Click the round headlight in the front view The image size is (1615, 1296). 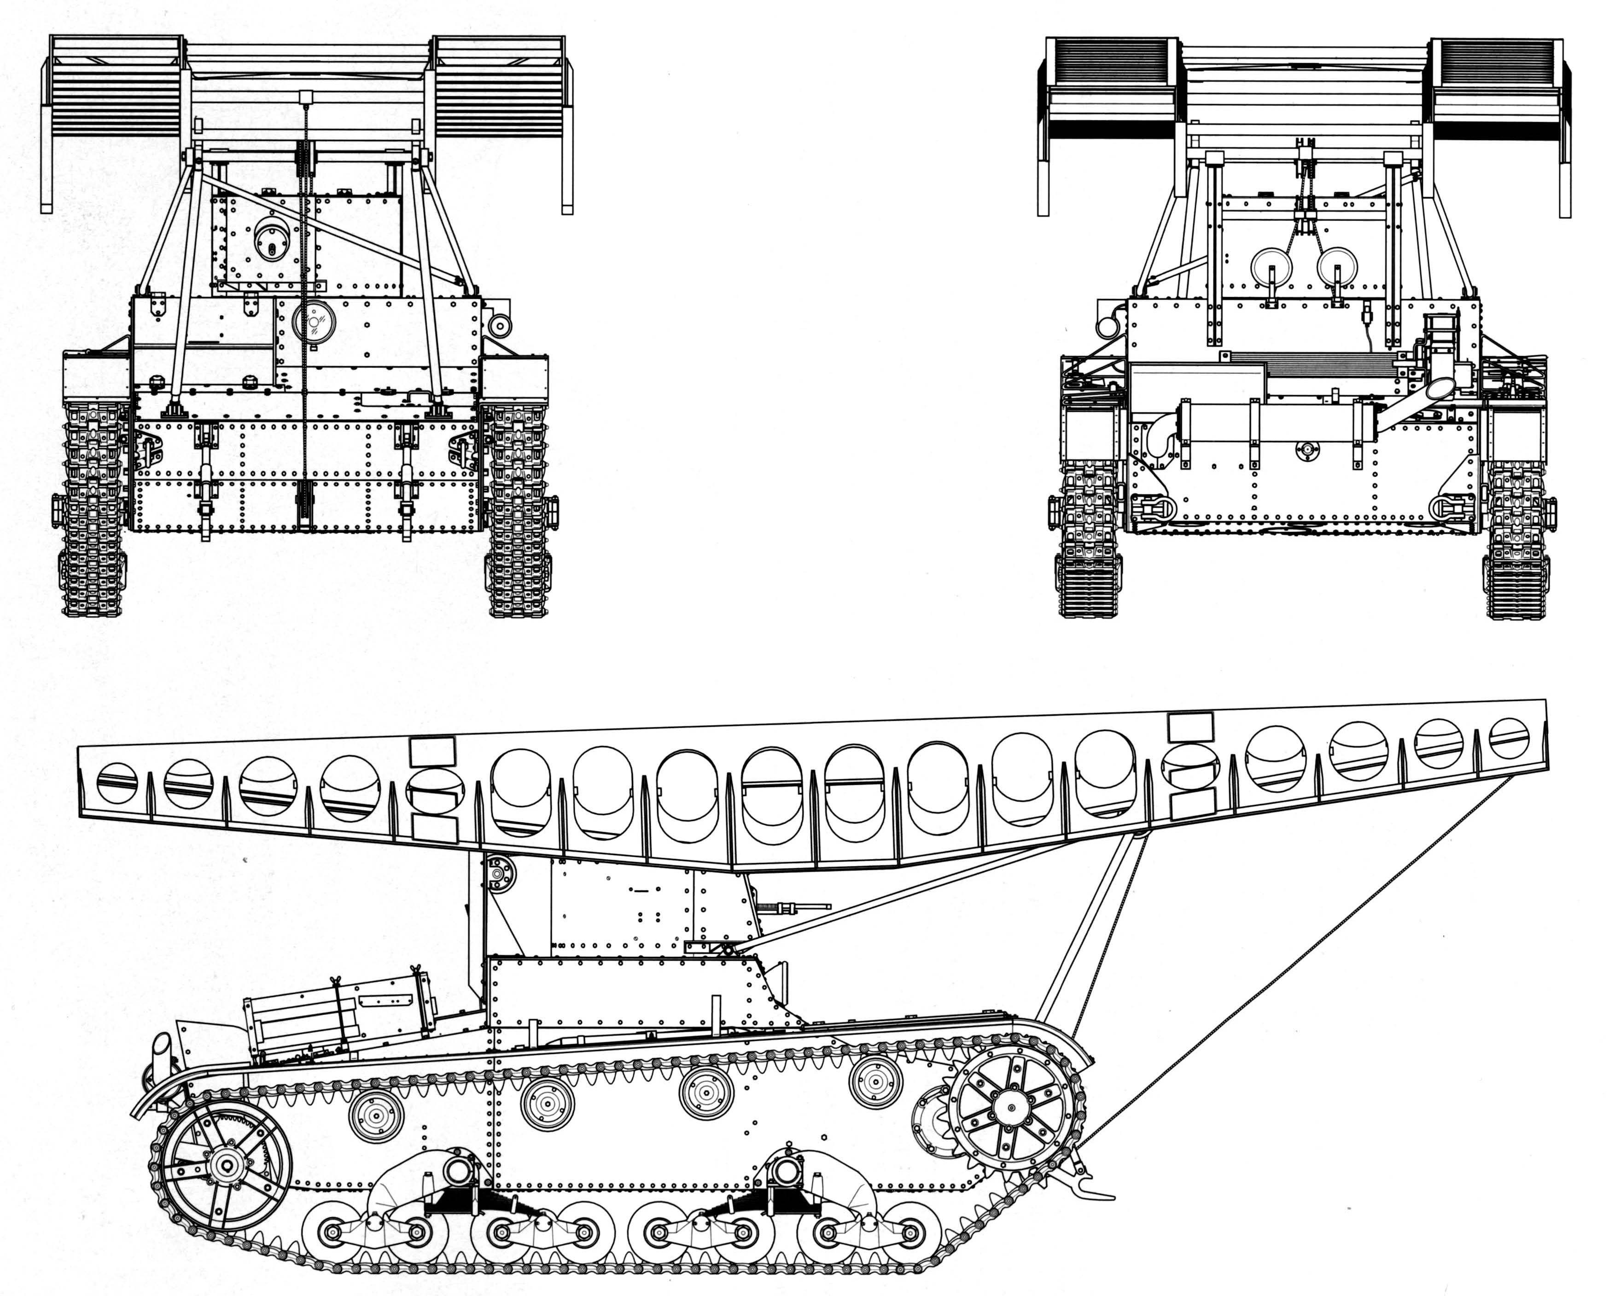[x=313, y=322]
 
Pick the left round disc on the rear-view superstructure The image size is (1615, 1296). [x=1271, y=267]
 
